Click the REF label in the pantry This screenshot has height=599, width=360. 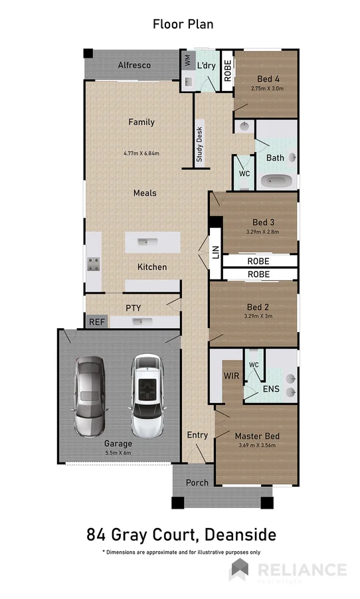(x=96, y=321)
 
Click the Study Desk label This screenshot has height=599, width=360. (x=199, y=145)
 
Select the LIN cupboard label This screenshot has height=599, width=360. (x=215, y=252)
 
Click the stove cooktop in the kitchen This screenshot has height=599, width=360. (x=94, y=264)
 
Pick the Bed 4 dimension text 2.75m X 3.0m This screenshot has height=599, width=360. (x=267, y=88)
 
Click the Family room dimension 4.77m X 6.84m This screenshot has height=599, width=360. (x=141, y=153)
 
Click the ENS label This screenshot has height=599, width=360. (x=271, y=389)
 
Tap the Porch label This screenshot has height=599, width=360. (x=197, y=483)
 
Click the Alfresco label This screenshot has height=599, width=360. (x=134, y=65)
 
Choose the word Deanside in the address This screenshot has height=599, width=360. (x=240, y=534)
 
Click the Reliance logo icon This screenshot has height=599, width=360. (x=239, y=569)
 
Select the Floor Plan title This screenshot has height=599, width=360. (x=183, y=25)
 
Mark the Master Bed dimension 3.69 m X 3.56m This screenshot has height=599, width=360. (x=257, y=446)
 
